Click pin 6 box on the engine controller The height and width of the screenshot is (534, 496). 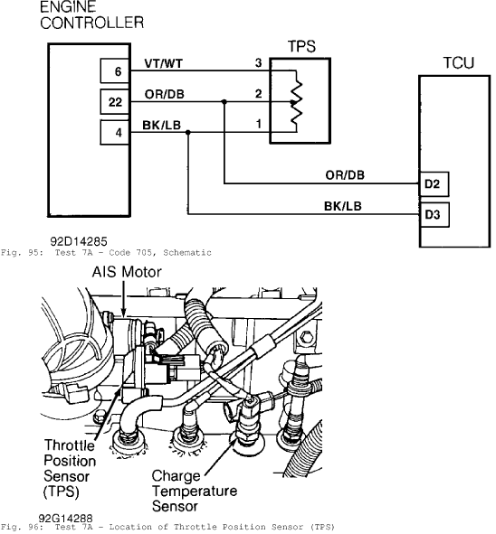(x=115, y=70)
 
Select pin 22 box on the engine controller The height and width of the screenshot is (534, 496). (x=115, y=101)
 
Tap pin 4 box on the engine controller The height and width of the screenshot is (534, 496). (x=115, y=132)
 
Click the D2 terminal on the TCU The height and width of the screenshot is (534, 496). (x=434, y=184)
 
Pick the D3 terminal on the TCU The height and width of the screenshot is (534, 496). (x=434, y=214)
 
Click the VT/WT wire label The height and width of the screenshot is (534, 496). (x=164, y=63)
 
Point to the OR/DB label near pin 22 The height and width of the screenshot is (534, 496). (x=165, y=94)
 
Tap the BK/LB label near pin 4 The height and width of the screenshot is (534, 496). (x=162, y=125)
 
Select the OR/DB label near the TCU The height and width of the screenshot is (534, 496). (x=345, y=175)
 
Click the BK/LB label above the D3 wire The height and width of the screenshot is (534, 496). (x=343, y=206)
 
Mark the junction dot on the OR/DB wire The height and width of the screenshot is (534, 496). (x=224, y=101)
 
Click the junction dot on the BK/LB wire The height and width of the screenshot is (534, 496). (x=188, y=132)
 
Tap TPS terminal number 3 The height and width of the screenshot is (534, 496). (x=259, y=62)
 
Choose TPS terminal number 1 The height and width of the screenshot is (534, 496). (x=259, y=124)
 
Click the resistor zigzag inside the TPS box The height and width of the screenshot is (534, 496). (x=296, y=101)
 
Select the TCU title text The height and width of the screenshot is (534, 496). (x=459, y=63)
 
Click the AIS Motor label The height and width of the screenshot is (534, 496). (x=127, y=272)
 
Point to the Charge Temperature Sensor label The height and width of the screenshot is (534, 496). (x=195, y=492)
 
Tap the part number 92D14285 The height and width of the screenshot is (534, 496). (x=79, y=241)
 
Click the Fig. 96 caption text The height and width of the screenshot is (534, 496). (x=167, y=527)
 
